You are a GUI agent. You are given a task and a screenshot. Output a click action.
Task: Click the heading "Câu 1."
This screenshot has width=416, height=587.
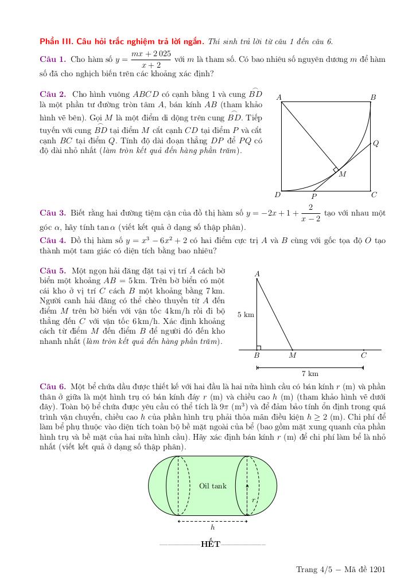coord(53,59)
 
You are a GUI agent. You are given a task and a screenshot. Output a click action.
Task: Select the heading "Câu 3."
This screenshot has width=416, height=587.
coord(53,213)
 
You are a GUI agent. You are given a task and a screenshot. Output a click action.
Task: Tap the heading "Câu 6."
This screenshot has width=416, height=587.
coord(53,386)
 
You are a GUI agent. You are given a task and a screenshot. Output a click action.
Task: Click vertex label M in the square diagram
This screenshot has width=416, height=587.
coord(343,174)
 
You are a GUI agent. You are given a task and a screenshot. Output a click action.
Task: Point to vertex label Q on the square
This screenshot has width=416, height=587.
coord(376,143)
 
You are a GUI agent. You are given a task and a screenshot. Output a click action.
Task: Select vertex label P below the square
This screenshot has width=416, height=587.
coord(314,196)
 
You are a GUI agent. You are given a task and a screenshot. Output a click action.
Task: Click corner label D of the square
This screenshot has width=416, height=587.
coord(277,195)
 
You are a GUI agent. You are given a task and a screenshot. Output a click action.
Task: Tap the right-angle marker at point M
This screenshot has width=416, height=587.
coord(336,169)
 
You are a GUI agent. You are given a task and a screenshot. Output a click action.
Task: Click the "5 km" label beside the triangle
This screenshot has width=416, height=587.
coord(246,314)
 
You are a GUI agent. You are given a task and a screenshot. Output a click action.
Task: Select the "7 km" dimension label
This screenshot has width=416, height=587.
coord(310,374)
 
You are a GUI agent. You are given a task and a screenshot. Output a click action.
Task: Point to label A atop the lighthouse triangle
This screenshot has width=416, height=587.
coord(257,274)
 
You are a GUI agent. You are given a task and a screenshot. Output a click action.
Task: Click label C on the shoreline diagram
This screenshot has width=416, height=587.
coord(364,355)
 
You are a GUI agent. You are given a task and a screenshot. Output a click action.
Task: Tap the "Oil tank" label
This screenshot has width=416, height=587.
coord(213,486)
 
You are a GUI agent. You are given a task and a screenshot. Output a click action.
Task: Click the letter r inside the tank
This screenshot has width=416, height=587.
coord(253,500)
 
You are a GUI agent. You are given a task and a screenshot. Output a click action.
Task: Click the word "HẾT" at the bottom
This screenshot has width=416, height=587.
coord(211,544)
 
